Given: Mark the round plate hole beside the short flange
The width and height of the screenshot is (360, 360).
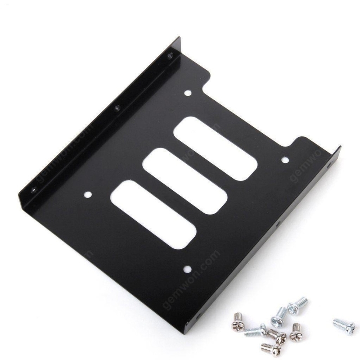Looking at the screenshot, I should point(284,160).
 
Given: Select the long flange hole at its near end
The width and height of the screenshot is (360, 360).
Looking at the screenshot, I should point(34,190).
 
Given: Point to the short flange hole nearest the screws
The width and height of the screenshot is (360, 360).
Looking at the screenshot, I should point(278,224).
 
